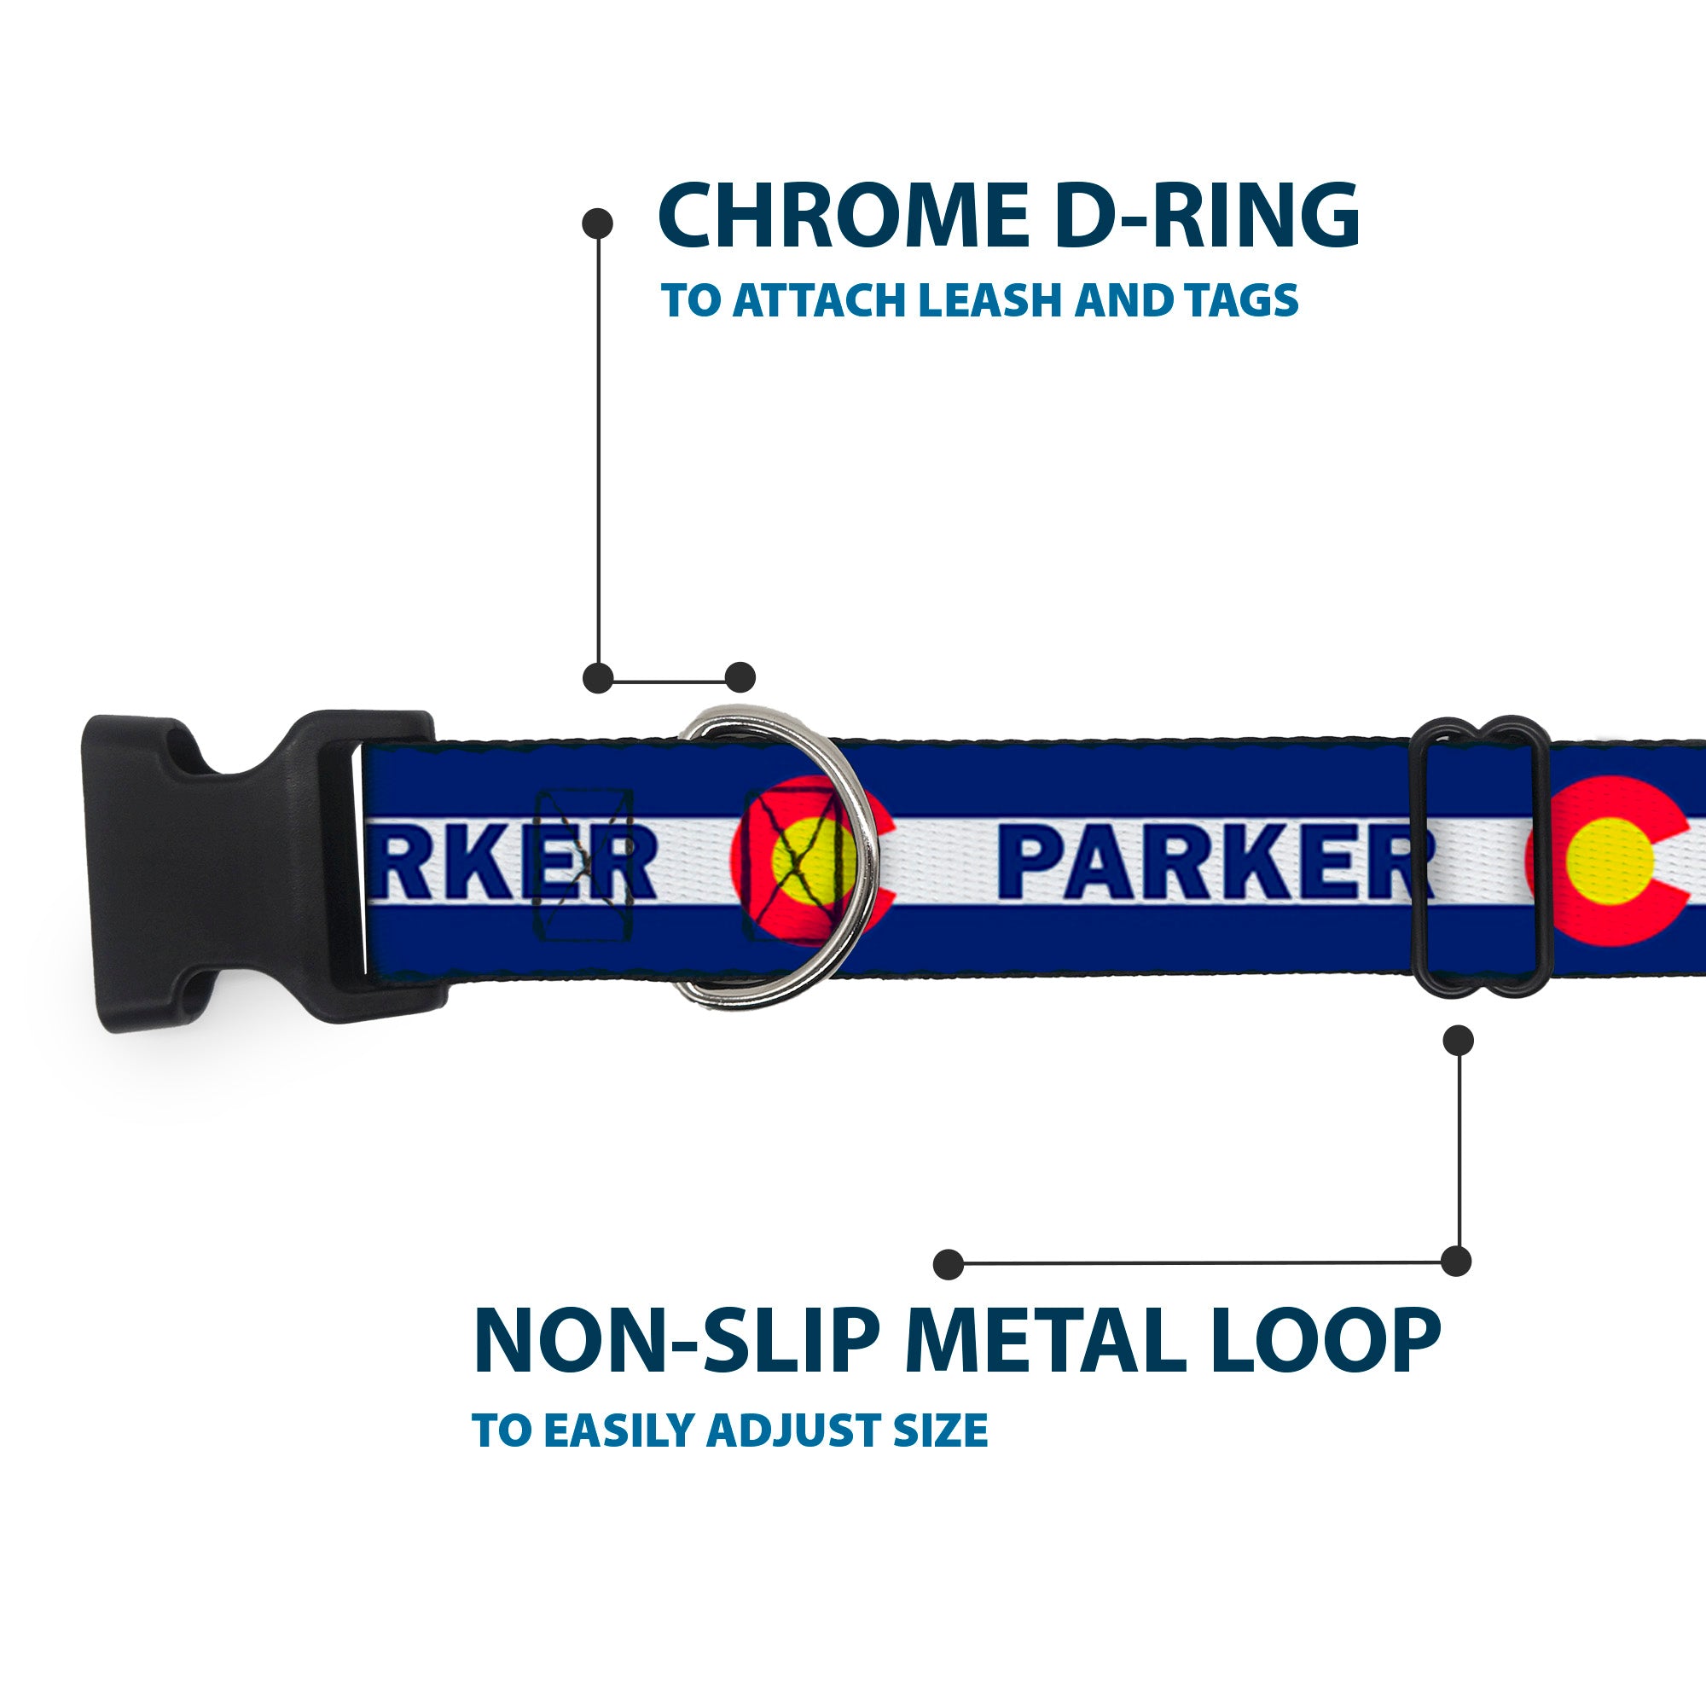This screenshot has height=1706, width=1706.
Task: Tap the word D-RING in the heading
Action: pyautogui.click(x=1207, y=218)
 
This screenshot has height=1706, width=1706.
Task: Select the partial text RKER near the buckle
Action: pyautogui.click(x=512, y=867)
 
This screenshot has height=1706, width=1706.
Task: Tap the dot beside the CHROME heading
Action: pyautogui.click(x=598, y=223)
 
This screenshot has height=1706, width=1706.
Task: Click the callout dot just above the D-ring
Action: pyautogui.click(x=740, y=678)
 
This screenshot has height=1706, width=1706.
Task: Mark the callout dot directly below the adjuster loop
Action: pyautogui.click(x=1458, y=1040)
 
